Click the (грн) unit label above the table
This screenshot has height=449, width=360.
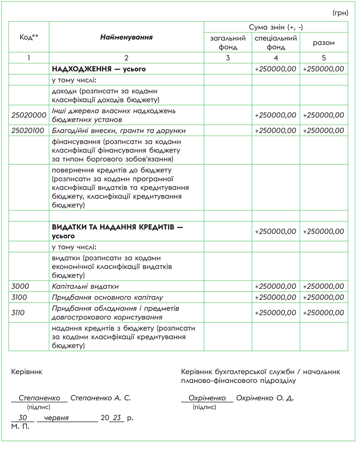[340, 13]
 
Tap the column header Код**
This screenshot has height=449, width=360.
[29, 37]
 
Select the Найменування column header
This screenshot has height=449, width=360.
[126, 37]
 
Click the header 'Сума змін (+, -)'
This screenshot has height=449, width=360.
[276, 27]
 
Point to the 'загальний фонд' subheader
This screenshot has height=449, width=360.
[228, 42]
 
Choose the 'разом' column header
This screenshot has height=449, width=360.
[324, 42]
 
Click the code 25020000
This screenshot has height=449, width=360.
[29, 115]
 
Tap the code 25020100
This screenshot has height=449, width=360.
[29, 130]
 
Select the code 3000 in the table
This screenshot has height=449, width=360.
[21, 286]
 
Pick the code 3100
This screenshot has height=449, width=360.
[20, 297]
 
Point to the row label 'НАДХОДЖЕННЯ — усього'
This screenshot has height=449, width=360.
[99, 69]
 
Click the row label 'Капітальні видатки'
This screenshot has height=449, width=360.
[85, 286]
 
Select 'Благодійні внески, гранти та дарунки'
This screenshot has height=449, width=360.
[119, 130]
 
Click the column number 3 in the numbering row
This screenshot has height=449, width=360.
[228, 58]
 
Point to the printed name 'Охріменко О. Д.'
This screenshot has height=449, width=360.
[264, 398]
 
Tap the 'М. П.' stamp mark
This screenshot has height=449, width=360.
[20, 427]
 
